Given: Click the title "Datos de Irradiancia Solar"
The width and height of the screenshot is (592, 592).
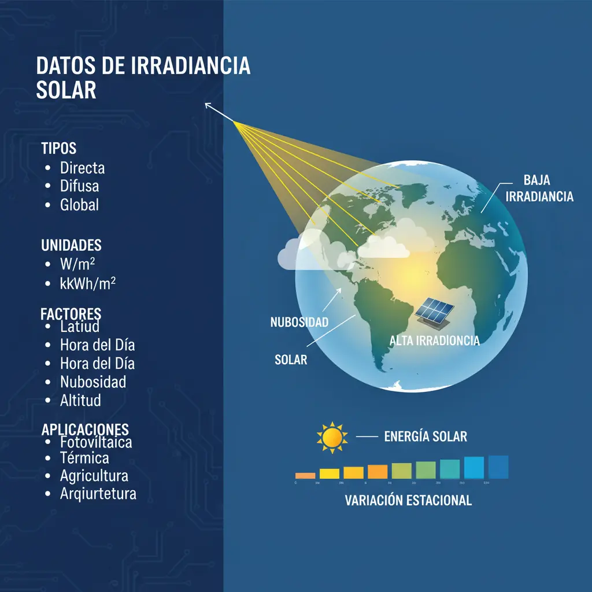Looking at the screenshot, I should (143, 78).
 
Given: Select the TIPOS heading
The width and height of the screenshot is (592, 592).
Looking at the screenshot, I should (59, 149).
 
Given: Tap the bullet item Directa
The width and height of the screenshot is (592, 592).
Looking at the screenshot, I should (82, 168).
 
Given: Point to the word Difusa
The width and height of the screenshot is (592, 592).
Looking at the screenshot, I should (79, 186).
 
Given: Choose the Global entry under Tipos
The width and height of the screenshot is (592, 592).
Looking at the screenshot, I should (79, 205).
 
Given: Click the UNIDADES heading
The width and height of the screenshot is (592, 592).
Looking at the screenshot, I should (72, 245).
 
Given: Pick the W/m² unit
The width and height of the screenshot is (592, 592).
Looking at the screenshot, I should (77, 265).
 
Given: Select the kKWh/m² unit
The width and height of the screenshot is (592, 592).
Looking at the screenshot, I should (88, 283).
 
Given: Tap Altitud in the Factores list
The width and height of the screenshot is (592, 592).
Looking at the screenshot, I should (80, 399).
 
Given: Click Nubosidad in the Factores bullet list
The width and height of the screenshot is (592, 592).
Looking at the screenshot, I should (93, 382).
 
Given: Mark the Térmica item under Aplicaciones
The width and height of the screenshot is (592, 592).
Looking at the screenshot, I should (84, 458).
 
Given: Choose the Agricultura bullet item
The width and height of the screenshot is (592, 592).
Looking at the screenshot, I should (94, 476).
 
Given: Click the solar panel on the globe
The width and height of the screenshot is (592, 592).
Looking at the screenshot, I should (434, 311).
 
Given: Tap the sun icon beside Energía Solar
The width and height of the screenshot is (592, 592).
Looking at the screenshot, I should (332, 438).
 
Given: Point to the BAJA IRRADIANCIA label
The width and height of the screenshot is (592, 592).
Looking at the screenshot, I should (539, 188).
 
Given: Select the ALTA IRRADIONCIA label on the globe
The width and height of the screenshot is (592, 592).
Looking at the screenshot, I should (435, 341).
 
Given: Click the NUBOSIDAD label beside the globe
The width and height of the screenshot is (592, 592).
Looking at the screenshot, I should (299, 323).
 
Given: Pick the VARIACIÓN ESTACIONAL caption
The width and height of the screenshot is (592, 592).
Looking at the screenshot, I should (408, 501).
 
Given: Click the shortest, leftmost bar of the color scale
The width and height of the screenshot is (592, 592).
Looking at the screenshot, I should (305, 475).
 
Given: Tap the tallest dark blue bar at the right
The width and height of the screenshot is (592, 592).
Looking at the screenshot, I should (498, 467).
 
